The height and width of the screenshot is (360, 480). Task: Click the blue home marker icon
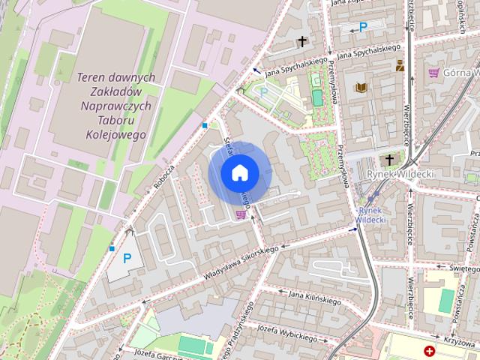(239, 173)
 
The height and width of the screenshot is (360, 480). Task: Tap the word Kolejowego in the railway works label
(115, 135)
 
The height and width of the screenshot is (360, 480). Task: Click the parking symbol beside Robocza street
(127, 259)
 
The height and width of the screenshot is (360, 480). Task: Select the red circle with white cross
(429, 351)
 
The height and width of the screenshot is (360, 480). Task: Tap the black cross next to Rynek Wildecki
(388, 160)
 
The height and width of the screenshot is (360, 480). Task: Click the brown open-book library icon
(361, 88)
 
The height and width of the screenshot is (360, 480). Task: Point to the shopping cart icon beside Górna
(433, 73)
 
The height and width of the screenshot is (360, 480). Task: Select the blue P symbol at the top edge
(363, 27)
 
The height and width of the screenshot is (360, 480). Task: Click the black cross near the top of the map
(302, 42)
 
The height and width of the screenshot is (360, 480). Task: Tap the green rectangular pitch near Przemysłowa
(317, 97)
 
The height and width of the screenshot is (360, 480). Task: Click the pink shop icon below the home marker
(240, 214)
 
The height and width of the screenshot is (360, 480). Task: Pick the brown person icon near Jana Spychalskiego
(400, 65)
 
